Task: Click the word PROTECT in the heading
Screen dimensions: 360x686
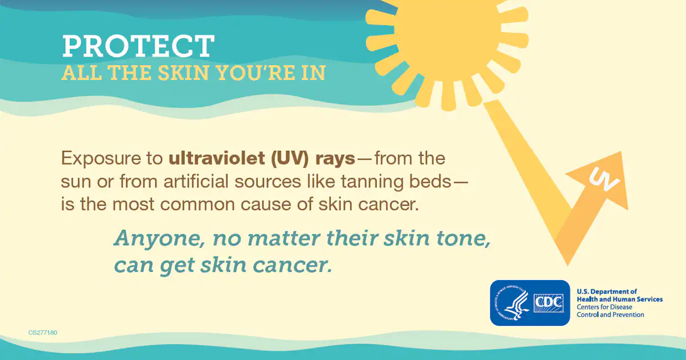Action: click(x=138, y=46)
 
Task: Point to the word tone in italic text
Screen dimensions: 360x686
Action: click(x=464, y=239)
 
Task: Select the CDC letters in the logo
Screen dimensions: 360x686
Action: click(x=549, y=302)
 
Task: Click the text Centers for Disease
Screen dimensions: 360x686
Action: click(x=604, y=307)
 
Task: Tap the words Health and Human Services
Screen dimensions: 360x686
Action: click(x=620, y=299)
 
